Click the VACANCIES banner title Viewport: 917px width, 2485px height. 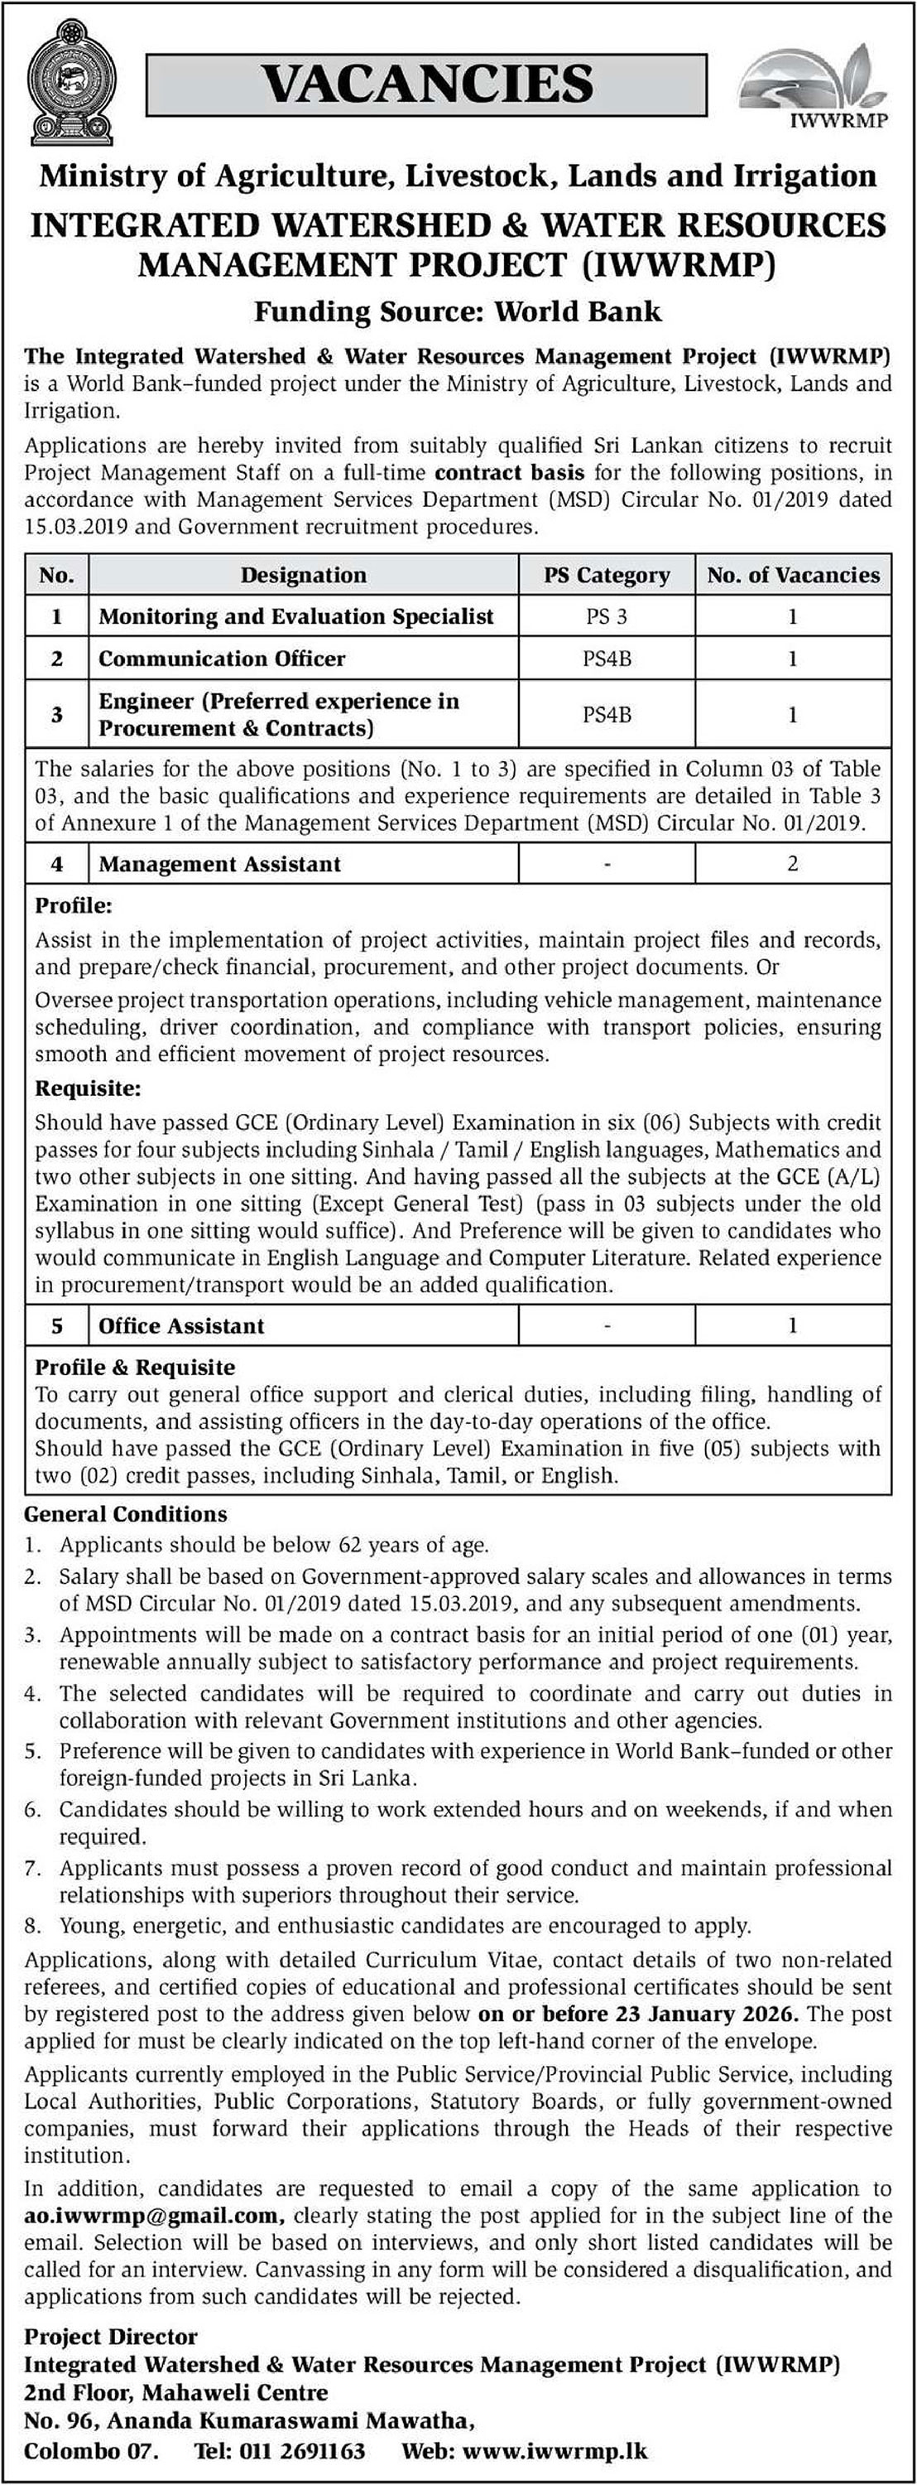pyautogui.click(x=427, y=84)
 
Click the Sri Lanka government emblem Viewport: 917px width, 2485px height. pyautogui.click(x=71, y=87)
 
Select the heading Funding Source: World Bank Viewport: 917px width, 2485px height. pyautogui.click(x=457, y=311)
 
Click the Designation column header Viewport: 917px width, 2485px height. pyautogui.click(x=303, y=576)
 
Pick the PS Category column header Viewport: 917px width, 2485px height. pyautogui.click(x=607, y=576)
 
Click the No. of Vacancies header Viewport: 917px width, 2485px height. pyautogui.click(x=793, y=576)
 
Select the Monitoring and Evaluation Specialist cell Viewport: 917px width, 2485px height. pyautogui.click(x=296, y=616)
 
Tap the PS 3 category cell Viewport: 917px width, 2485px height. pyautogui.click(x=607, y=616)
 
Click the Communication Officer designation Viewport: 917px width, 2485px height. pyautogui.click(x=222, y=659)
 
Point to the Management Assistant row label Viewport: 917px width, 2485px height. pyautogui.click(x=220, y=864)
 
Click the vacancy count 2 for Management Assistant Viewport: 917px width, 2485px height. pyautogui.click(x=793, y=863)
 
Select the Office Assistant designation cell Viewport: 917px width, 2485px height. pyautogui.click(x=181, y=1325)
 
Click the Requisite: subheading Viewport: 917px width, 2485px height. pyautogui.click(x=88, y=1089)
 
